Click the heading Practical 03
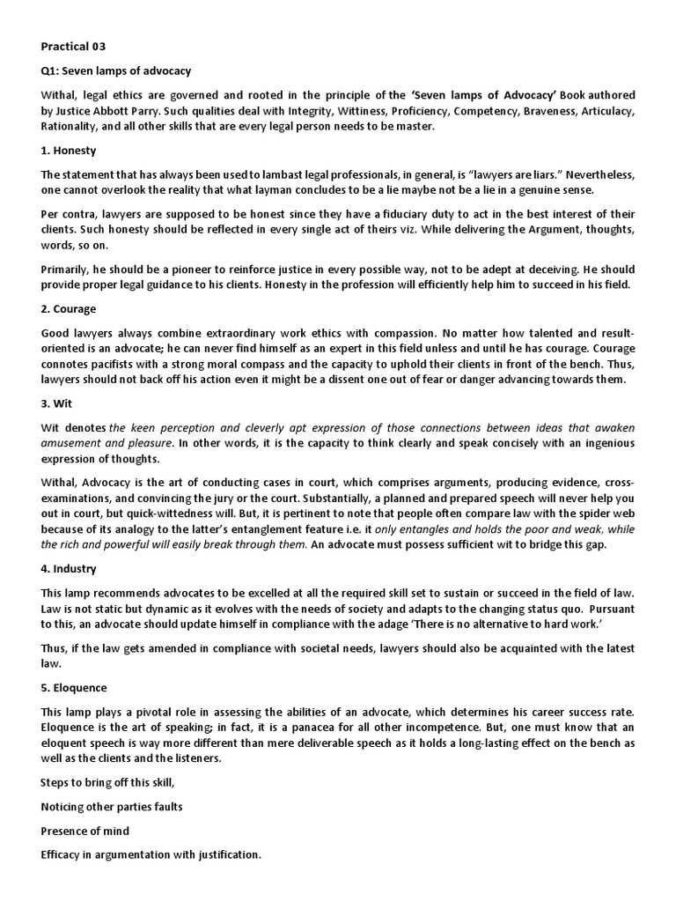coord(75,45)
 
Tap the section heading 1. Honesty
coord(69,151)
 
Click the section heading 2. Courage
coord(69,310)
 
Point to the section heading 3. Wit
coord(58,403)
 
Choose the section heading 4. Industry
coord(70,569)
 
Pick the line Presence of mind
coord(85,831)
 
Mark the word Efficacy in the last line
coord(63,854)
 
